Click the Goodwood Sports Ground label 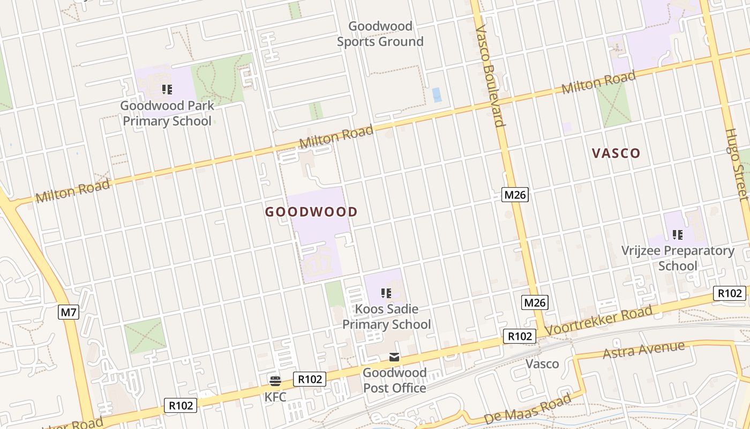(x=380, y=34)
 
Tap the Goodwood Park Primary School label (x=167, y=113)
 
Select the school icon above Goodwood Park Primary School (x=167, y=89)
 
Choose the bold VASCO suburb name (x=616, y=153)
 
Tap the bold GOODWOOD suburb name (x=311, y=212)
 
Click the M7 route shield (x=69, y=312)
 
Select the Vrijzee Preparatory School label (x=678, y=258)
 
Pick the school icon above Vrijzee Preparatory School (x=678, y=234)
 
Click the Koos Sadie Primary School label (x=386, y=317)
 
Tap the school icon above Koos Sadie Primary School (x=386, y=293)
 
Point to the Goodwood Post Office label (x=394, y=380)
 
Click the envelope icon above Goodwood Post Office (x=394, y=357)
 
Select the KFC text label (x=275, y=397)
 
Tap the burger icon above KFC (x=275, y=381)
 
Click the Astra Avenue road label (x=643, y=350)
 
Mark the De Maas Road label (x=527, y=409)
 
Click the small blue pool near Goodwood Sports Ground (x=437, y=95)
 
